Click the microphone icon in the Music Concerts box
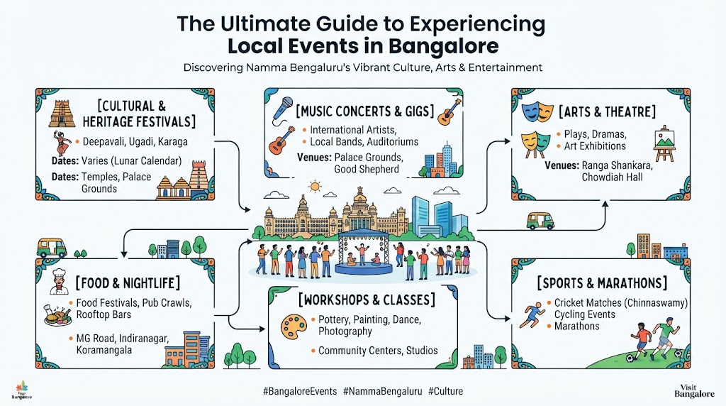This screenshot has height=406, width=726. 282,109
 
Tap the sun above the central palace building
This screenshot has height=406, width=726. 315,186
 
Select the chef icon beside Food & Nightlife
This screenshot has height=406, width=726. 60,281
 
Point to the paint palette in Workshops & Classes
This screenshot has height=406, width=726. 294,327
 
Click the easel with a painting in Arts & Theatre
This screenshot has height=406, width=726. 664,143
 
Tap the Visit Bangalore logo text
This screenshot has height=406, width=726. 694,391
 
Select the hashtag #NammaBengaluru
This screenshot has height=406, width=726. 382,391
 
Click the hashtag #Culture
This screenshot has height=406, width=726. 445,391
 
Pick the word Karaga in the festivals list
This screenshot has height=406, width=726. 173,142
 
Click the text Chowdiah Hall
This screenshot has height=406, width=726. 612,177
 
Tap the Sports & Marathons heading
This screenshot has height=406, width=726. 602,283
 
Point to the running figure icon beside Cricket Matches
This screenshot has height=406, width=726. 532,315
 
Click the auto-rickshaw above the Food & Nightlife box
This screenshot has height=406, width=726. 52,248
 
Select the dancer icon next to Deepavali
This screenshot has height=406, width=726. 62,142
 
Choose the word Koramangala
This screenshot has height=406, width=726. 104,350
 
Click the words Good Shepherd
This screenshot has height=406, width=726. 367,169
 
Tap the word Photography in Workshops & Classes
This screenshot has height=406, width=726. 345,331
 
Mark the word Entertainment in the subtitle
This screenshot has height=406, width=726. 505,67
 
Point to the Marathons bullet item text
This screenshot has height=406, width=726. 577,327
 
